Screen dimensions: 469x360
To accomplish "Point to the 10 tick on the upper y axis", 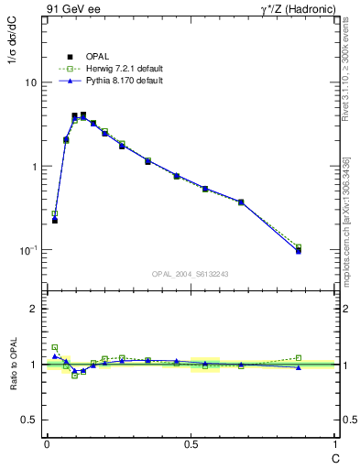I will (30, 82).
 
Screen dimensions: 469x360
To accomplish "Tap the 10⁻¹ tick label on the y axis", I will (27, 250).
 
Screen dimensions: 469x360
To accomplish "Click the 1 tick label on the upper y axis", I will (33, 167).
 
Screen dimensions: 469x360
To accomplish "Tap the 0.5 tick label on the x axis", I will (191, 444).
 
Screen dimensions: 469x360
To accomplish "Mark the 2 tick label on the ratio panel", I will (33, 309).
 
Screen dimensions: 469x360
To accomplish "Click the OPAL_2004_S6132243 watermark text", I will (191, 274).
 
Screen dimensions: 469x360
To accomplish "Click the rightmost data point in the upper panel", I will (299, 249).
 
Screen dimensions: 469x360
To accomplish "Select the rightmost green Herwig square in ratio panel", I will (299, 357).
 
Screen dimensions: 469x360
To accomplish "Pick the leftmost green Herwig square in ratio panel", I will (55, 347).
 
